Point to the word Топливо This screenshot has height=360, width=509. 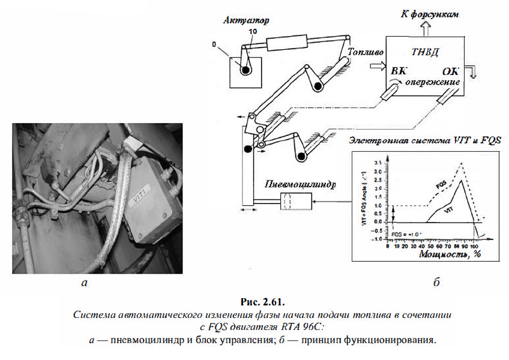coord(366,53)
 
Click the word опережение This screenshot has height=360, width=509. coord(432,81)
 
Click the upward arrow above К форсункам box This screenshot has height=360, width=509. coord(425,26)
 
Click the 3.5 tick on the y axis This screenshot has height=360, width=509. coord(378,163)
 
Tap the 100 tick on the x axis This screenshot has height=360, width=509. coord(475,246)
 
